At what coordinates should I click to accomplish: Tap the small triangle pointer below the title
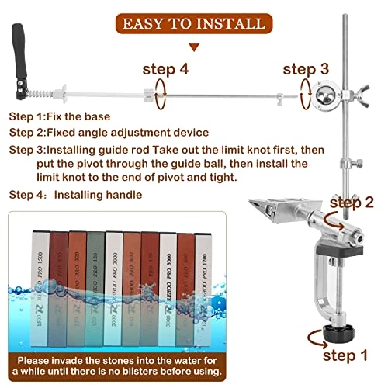pyautogui.click(x=193, y=47)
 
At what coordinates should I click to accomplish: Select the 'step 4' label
pyautogui.click(x=165, y=69)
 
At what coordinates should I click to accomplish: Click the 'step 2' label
pyautogui.click(x=352, y=202)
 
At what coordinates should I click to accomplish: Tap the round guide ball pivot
pyautogui.click(x=327, y=97)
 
